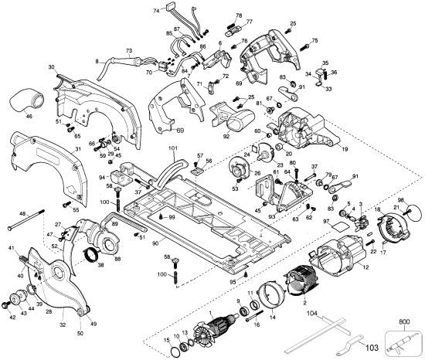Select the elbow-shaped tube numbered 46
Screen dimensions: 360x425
(30, 101)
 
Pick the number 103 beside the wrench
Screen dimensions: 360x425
(393, 348)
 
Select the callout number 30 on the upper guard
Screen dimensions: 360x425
(52, 67)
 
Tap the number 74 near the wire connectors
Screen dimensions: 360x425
(157, 10)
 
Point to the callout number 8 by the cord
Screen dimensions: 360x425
(97, 60)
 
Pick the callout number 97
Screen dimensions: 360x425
(326, 222)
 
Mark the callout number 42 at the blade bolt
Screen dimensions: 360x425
(14, 318)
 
